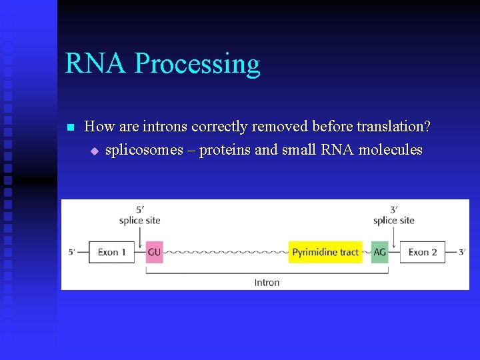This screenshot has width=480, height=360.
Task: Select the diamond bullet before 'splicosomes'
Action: pos(94,151)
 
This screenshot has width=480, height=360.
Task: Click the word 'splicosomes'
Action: pos(139,150)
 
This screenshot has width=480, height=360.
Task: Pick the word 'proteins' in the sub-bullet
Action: pos(225,150)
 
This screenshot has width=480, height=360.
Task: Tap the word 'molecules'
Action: pos(390,150)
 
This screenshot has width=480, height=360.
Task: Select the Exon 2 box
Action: pos(423,252)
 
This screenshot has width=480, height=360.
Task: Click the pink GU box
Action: pos(154,252)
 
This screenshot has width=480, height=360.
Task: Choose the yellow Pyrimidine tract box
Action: pos(325,252)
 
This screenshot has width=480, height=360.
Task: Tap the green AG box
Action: pos(380,252)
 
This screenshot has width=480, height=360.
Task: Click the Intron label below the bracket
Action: pos(267,282)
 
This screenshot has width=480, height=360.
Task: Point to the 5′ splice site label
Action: pos(140,215)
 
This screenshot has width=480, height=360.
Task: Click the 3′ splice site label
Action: pos(394,215)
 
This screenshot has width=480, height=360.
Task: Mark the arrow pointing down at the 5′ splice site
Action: pos(141,237)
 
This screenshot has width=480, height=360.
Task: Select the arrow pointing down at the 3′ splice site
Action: pos(394,237)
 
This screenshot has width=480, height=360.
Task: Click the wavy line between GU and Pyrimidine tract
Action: pos(225,253)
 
